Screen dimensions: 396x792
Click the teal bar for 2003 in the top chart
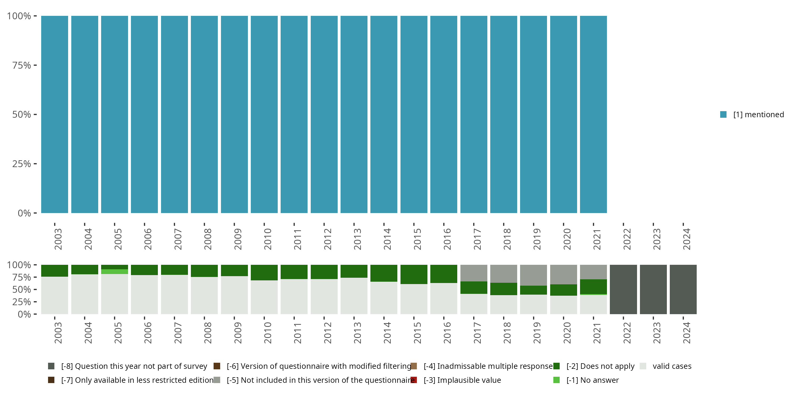pyautogui.click(x=55, y=114)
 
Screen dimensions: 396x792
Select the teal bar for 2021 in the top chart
pyautogui.click(x=593, y=114)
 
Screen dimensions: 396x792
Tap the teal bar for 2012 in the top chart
pyautogui.click(x=324, y=114)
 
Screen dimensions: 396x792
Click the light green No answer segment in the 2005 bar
pyautogui.click(x=114, y=271)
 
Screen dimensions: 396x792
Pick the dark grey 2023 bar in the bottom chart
pyautogui.click(x=653, y=289)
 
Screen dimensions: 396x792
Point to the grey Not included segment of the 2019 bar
pyautogui.click(x=534, y=275)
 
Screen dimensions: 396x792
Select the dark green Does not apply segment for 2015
pyautogui.click(x=414, y=274)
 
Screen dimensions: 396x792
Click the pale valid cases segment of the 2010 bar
pyautogui.click(x=264, y=297)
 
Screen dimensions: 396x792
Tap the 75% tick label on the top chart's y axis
pyautogui.click(x=22, y=65)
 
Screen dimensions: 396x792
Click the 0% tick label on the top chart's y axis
pyautogui.click(x=24, y=213)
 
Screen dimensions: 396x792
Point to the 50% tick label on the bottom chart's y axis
pyautogui.click(x=22, y=290)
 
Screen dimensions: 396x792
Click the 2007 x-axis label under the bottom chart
pyautogui.click(x=178, y=333)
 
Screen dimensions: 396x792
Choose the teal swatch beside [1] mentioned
pyautogui.click(x=723, y=114)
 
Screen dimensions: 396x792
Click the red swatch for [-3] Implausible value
pyautogui.click(x=414, y=380)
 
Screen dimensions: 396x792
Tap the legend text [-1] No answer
pyautogui.click(x=592, y=380)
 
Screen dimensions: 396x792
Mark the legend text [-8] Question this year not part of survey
pyautogui.click(x=134, y=366)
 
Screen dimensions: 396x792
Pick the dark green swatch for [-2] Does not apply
pyautogui.click(x=557, y=366)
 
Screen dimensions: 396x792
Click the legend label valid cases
pyautogui.click(x=672, y=366)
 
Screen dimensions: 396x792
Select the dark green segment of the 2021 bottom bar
pyautogui.click(x=593, y=286)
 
